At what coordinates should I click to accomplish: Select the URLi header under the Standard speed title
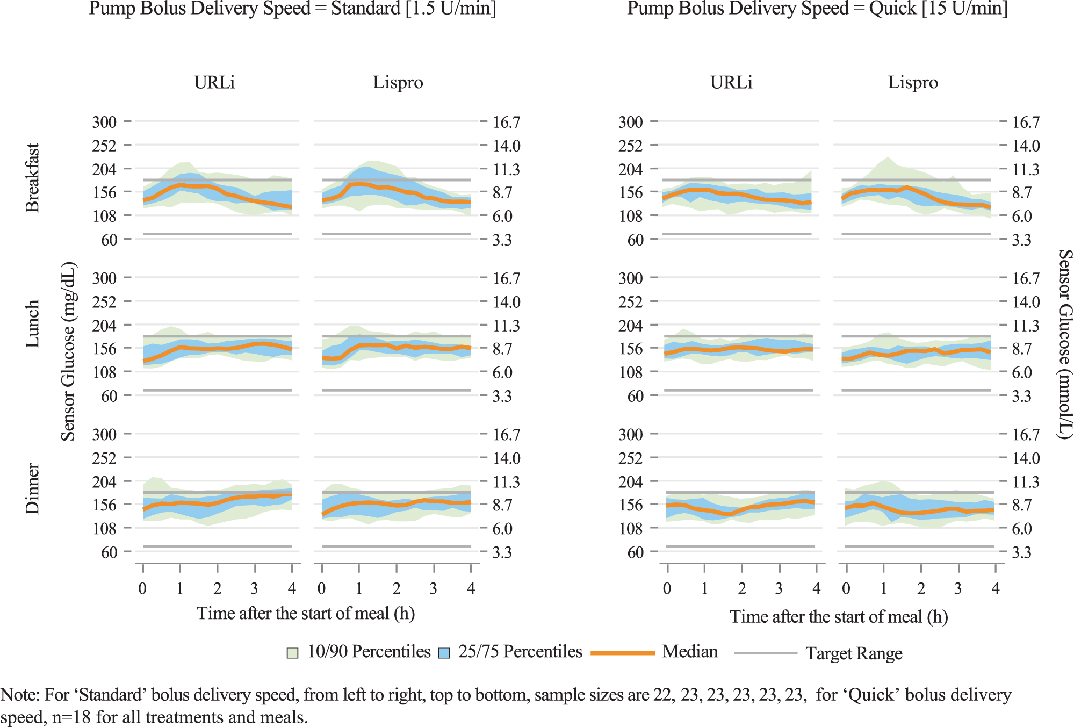tap(214, 82)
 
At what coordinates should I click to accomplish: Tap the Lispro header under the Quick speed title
tap(913, 82)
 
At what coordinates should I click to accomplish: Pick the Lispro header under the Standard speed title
tap(398, 82)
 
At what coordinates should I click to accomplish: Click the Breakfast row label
tap(32, 178)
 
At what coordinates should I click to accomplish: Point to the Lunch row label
tap(32, 323)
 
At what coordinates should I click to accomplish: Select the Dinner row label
tap(32, 488)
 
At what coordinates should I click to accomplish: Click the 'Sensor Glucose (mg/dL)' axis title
tap(68, 351)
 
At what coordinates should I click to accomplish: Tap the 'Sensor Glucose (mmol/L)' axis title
tap(1065, 344)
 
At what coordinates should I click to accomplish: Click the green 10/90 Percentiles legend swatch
tap(292, 653)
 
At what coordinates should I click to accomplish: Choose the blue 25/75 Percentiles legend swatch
tap(444, 653)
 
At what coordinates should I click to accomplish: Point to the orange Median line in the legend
tap(623, 653)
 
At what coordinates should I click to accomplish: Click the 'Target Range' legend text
tap(854, 653)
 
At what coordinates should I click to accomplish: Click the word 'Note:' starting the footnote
tap(20, 695)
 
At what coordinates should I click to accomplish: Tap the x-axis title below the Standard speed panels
tap(306, 613)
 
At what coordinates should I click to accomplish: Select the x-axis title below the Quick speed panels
tap(839, 616)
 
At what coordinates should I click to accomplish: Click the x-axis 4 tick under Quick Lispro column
tap(996, 588)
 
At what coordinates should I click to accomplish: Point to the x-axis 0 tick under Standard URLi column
tap(142, 588)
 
